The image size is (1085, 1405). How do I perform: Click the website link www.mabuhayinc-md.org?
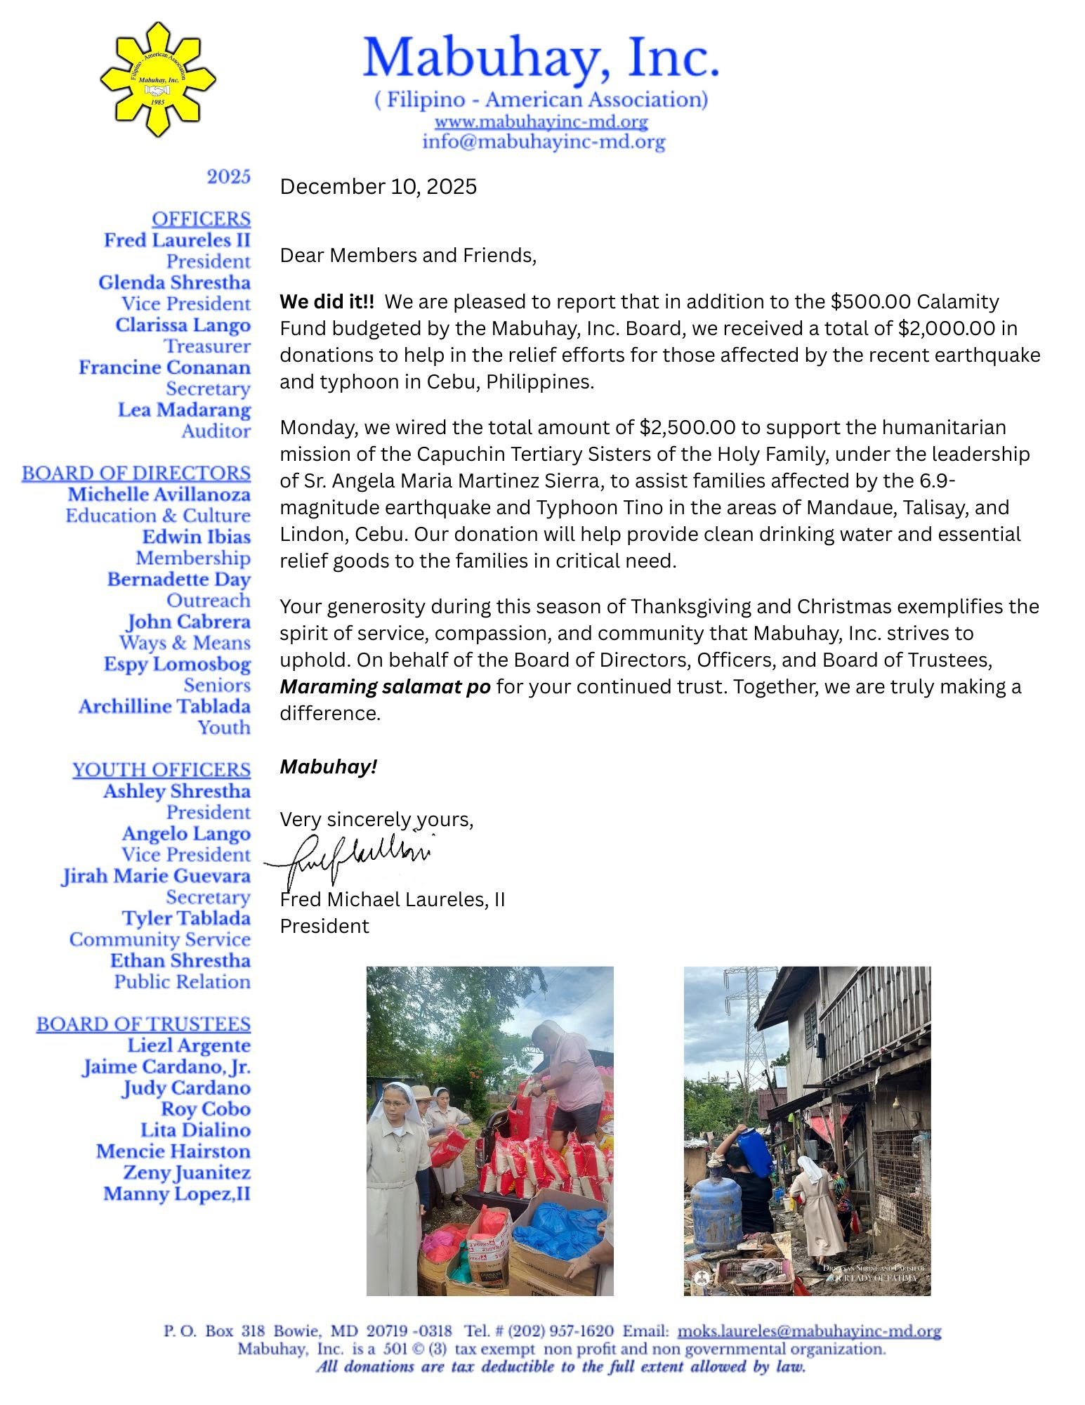coord(541,122)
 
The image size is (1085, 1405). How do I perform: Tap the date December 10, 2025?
coord(378,187)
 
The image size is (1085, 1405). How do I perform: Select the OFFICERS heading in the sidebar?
coord(201,219)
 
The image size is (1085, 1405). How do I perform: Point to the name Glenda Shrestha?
coord(174,282)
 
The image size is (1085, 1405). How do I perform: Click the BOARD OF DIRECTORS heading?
coord(136,473)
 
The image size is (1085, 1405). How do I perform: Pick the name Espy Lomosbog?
coord(177,664)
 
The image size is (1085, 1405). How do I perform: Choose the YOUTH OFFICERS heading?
coord(162,770)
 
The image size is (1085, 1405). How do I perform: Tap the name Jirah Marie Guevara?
coord(156,876)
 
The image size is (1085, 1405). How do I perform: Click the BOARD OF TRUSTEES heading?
coord(143,1024)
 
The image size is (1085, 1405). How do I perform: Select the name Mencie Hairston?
coord(173,1151)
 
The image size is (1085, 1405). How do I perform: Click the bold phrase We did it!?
coord(327,302)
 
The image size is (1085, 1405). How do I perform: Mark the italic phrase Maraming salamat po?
coord(385,687)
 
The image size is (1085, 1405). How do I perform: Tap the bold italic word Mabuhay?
coord(329,767)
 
